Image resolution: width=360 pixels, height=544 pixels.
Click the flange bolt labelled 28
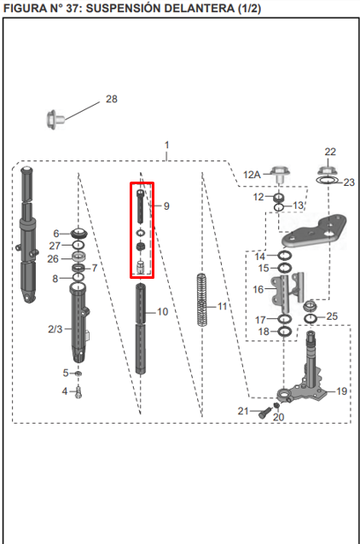click(55, 119)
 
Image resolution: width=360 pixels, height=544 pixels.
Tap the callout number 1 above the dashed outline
click(167, 145)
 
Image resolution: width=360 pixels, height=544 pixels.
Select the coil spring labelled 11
click(201, 300)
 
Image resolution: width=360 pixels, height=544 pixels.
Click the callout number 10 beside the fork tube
click(162, 312)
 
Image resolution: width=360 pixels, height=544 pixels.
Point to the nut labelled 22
click(327, 170)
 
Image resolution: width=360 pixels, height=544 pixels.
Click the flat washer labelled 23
click(328, 180)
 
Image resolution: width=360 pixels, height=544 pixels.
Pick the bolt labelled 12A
click(279, 174)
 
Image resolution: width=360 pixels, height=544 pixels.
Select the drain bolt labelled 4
click(78, 392)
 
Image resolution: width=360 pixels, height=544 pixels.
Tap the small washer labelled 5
click(78, 373)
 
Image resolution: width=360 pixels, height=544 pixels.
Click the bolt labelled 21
click(264, 413)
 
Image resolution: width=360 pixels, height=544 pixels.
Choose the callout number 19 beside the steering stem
click(341, 391)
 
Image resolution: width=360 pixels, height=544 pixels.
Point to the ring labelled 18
click(284, 332)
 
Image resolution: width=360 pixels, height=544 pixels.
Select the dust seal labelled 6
click(78, 233)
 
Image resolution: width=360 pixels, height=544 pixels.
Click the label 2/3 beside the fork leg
click(55, 329)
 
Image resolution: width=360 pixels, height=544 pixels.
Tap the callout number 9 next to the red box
click(166, 206)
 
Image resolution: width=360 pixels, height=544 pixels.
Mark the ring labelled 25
click(311, 319)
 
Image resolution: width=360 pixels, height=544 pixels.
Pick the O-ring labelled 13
click(279, 207)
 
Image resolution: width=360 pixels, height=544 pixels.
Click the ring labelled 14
click(284, 256)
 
